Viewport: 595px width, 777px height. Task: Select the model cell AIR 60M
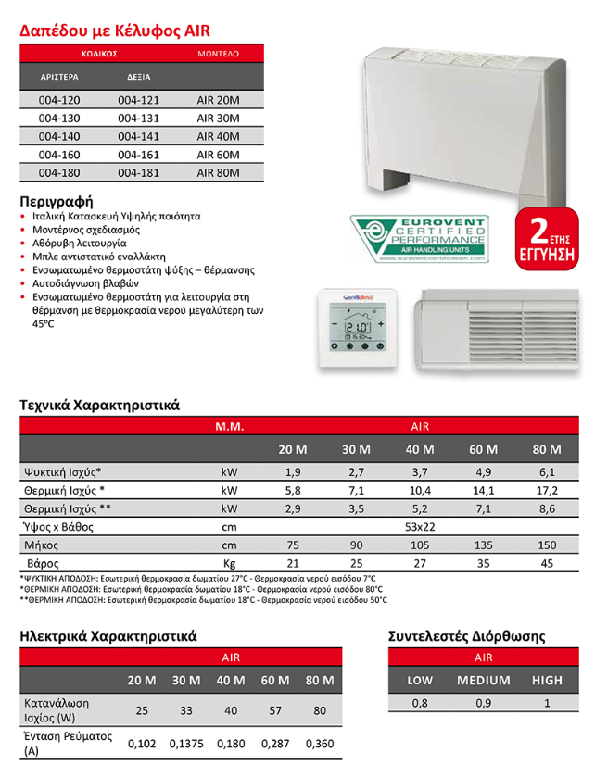click(218, 154)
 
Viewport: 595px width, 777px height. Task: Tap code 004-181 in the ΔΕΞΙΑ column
click(136, 172)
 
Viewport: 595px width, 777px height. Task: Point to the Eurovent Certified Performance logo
click(419, 239)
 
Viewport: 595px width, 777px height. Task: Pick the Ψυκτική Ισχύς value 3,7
click(420, 472)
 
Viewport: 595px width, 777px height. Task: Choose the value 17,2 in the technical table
click(548, 490)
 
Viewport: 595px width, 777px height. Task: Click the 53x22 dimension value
click(420, 526)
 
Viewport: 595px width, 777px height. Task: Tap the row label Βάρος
click(43, 562)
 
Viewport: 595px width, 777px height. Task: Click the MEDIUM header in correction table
click(483, 680)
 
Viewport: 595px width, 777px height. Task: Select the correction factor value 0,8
click(420, 704)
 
